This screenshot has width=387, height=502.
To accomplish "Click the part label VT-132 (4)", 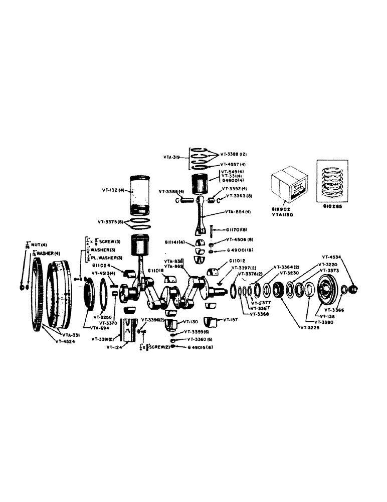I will pyautogui.click(x=114, y=190).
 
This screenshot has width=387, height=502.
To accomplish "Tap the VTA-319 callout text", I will pyautogui.click(x=172, y=157).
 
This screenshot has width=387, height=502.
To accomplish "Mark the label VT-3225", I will pyautogui.click(x=311, y=328).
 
